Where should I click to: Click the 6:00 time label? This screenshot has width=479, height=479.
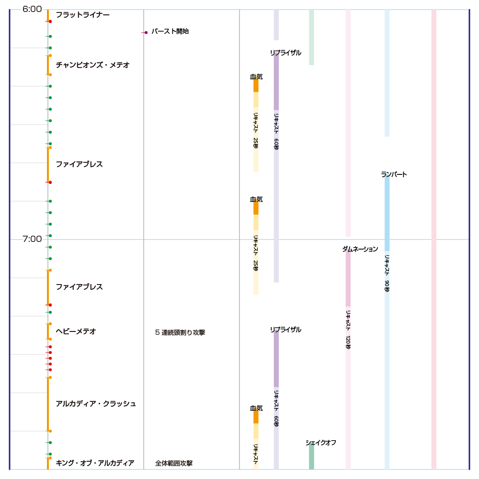32,9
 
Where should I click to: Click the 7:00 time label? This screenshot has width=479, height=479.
32,239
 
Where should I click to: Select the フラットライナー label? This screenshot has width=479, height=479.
82,15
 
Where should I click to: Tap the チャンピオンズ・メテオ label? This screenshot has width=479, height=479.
92,65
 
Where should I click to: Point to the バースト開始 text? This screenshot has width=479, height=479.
170,31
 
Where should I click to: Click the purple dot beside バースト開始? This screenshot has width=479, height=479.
146,33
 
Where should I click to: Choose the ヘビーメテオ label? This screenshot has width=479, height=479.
76,331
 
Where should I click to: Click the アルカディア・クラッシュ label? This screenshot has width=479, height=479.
96,403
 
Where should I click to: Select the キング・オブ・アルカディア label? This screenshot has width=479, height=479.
95,463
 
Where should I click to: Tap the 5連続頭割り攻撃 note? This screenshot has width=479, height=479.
180,332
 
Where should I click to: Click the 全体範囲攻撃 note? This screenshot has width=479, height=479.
174,463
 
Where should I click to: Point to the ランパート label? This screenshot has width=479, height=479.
394,174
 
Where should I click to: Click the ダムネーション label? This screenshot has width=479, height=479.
360,249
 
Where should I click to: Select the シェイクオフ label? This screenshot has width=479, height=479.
321,443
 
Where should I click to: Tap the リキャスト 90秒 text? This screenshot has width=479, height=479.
387,273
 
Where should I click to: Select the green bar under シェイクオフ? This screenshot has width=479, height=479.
311,457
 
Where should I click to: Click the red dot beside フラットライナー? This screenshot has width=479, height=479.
50,21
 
